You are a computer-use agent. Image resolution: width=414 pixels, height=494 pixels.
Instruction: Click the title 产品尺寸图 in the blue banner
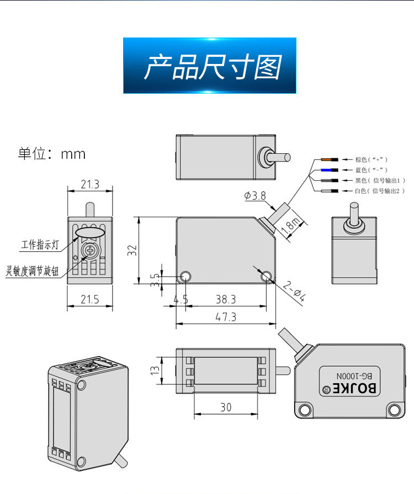213,67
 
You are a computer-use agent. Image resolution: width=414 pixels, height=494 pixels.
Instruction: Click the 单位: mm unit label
52,154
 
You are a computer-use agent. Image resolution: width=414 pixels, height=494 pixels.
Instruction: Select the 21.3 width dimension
90,184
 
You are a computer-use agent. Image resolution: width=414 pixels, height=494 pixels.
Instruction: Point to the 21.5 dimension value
90,299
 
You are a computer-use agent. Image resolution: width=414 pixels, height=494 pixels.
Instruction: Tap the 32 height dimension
132,250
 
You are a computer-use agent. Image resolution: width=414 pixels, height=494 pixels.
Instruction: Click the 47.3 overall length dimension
226,317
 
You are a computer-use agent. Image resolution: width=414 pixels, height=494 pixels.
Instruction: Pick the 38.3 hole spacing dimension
226,299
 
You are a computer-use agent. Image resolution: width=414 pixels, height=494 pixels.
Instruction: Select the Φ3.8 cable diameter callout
255,196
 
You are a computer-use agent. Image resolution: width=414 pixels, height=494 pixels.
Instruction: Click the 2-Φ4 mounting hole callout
294,292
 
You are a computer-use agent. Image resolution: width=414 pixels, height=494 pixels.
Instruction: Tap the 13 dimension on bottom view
155,370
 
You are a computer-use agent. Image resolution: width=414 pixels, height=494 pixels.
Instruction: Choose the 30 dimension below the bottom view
226,407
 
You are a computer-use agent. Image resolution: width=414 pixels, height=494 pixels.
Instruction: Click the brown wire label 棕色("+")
371,159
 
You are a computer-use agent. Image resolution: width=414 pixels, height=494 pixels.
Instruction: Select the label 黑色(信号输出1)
380,180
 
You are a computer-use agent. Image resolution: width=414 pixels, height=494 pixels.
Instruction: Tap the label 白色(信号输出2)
380,191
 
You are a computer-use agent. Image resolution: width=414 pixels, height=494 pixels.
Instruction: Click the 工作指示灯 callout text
40,245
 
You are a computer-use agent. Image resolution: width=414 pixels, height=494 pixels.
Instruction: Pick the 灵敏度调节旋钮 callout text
32,271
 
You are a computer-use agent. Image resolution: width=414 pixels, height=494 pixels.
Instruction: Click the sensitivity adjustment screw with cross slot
90,251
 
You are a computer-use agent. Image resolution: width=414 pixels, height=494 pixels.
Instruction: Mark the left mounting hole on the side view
185,277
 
